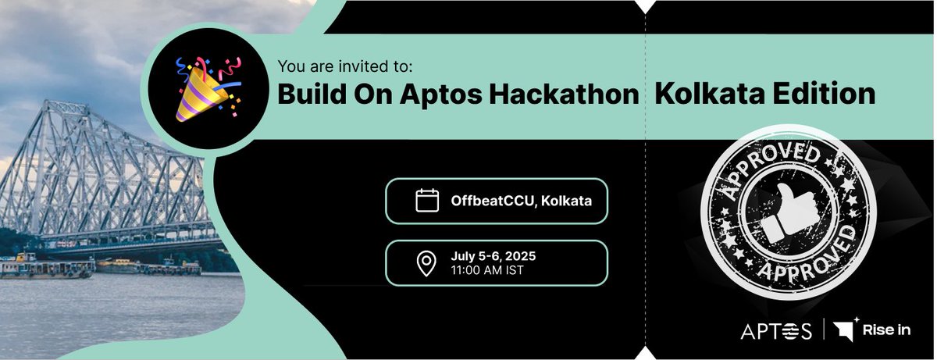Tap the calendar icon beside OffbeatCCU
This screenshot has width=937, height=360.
tap(426, 201)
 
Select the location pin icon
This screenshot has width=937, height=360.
tap(426, 263)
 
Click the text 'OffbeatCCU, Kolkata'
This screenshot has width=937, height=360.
tap(521, 201)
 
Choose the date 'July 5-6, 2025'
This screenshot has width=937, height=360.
tap(493, 256)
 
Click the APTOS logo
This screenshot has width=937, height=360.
tap(776, 331)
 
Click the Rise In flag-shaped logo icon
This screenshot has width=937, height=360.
tap(845, 330)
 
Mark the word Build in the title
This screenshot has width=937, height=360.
tap(310, 94)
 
